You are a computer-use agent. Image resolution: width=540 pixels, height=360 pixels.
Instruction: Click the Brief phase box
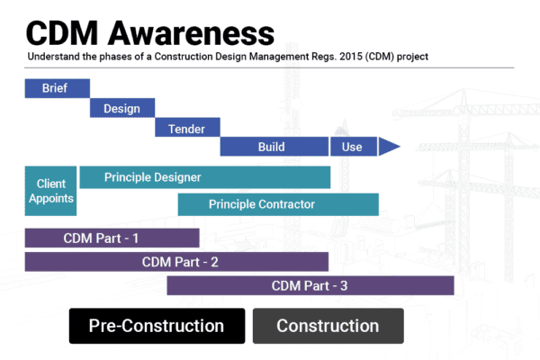pos(57,88)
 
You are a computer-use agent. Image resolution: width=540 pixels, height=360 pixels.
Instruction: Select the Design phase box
pos(121,108)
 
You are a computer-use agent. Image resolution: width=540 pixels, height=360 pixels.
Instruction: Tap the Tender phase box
pos(186,128)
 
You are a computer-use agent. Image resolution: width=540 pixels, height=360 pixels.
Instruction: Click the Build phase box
pos(274,147)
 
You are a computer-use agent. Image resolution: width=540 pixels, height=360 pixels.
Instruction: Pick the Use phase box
pos(352,147)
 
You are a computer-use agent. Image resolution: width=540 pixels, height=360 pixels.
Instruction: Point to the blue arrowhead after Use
pos(389,147)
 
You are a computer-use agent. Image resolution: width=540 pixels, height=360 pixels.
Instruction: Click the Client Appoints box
pos(50,191)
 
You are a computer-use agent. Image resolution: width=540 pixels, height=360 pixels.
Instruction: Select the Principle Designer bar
pos(204,177)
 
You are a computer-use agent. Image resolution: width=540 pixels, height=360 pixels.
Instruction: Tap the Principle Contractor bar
pos(277,204)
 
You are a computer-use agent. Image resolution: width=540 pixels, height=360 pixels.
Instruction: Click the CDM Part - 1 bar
pos(112,238)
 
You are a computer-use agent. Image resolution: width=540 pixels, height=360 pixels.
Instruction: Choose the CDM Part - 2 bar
pos(176,262)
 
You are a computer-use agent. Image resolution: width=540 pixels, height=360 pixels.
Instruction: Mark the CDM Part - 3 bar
pos(310,285)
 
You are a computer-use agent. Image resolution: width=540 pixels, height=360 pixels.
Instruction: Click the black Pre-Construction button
pos(157,326)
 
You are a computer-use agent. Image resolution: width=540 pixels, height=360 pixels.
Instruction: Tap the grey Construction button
pos(328,326)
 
